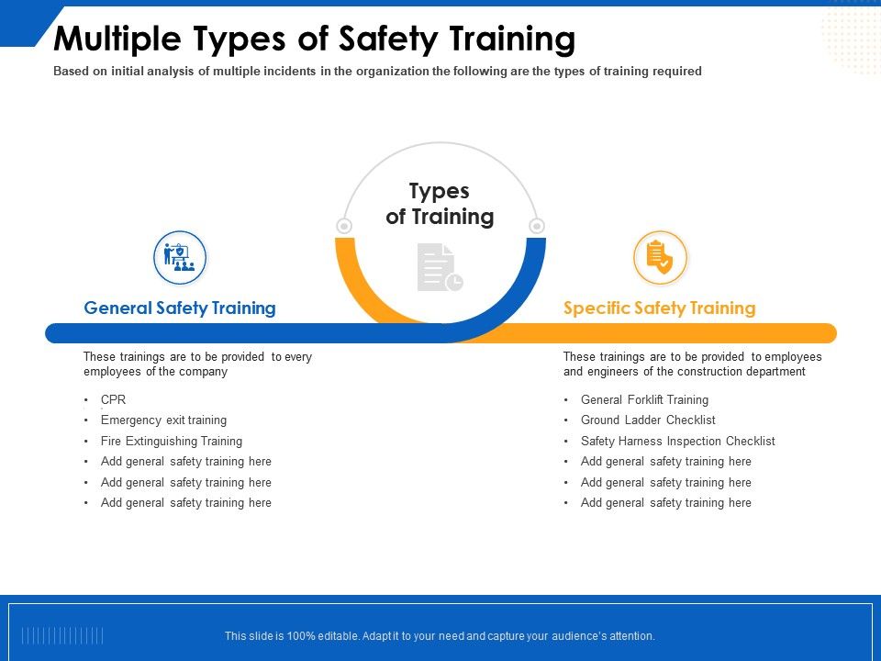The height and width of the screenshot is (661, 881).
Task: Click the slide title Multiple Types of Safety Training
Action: [x=315, y=39]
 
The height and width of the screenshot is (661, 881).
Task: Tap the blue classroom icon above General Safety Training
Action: [x=180, y=257]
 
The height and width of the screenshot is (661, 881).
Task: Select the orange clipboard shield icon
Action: [x=660, y=257]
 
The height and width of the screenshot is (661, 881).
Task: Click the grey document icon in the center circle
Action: [x=440, y=268]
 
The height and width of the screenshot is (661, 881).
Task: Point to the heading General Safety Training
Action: [x=180, y=308]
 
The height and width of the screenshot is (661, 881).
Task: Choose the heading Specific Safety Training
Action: [x=659, y=308]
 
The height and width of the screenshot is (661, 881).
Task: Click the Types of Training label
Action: [x=440, y=204]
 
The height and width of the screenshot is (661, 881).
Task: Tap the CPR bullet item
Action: [x=113, y=400]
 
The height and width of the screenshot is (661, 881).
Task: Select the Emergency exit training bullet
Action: [x=163, y=420]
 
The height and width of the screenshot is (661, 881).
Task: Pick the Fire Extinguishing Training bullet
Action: [x=172, y=442]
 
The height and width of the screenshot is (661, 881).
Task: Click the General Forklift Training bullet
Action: [x=644, y=400]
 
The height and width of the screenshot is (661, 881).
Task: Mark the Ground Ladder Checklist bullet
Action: [x=648, y=420]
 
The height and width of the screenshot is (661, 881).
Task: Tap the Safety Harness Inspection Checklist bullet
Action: [x=677, y=442]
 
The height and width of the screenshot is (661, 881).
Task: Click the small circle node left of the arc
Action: [x=344, y=226]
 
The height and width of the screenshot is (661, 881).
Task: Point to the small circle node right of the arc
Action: [x=538, y=226]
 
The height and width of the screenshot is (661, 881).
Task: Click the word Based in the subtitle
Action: [x=71, y=72]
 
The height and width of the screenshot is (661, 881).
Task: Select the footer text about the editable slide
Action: [x=440, y=635]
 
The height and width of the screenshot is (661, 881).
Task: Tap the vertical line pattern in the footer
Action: [x=62, y=635]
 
